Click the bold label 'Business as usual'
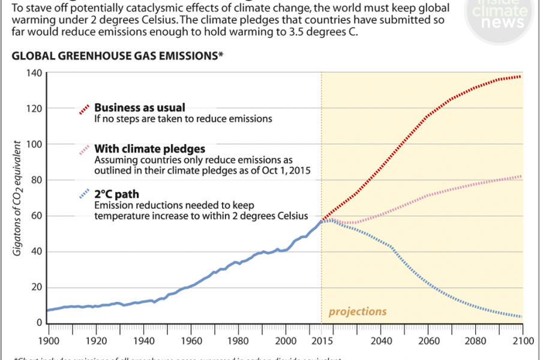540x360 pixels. [x=140, y=107]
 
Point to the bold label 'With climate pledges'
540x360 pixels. [x=150, y=148]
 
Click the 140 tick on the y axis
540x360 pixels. [x=33, y=73]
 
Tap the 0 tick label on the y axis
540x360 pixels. [x=38, y=323]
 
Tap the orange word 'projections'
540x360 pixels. [x=358, y=311]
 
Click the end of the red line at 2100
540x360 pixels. [x=521, y=76]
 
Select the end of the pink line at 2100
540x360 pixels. [x=521, y=176]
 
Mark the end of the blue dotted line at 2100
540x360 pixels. [x=521, y=316]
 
